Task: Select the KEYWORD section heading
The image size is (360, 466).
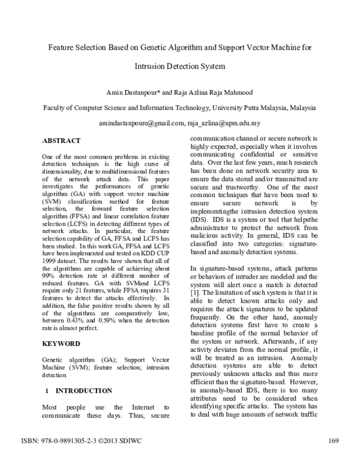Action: pyautogui.click(x=61, y=343)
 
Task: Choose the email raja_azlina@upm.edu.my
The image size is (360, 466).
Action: pyautogui.click(x=223, y=123)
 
